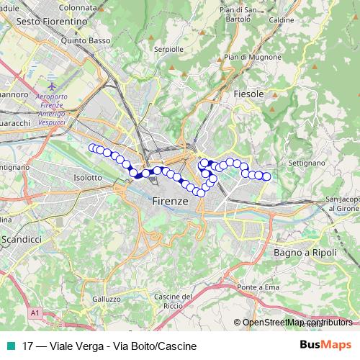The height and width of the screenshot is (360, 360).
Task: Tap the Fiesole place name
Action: coord(249,94)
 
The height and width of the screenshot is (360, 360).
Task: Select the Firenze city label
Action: coord(170,202)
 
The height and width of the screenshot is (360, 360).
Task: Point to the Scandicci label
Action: coord(23,238)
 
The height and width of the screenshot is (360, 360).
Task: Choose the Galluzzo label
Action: coord(107,299)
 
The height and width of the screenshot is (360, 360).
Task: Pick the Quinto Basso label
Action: coord(86,41)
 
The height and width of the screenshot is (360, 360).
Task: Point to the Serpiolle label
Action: coord(169,50)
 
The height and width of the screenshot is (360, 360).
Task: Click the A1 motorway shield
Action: coord(35,313)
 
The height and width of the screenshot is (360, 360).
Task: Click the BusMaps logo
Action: coord(326,346)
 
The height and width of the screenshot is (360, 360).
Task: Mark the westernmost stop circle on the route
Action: coord(92,148)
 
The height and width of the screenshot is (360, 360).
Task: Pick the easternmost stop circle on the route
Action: coord(266,176)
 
